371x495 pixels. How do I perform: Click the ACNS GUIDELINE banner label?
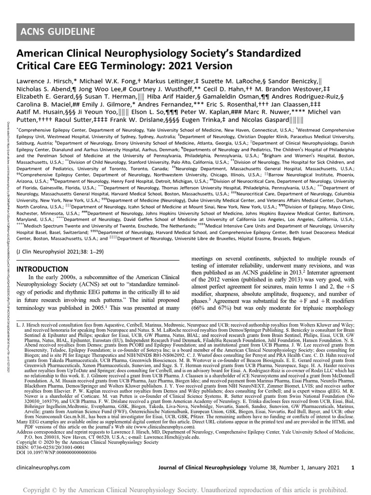[57, 32]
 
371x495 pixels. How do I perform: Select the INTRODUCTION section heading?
[43, 269]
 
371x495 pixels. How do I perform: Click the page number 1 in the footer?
[353, 468]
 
